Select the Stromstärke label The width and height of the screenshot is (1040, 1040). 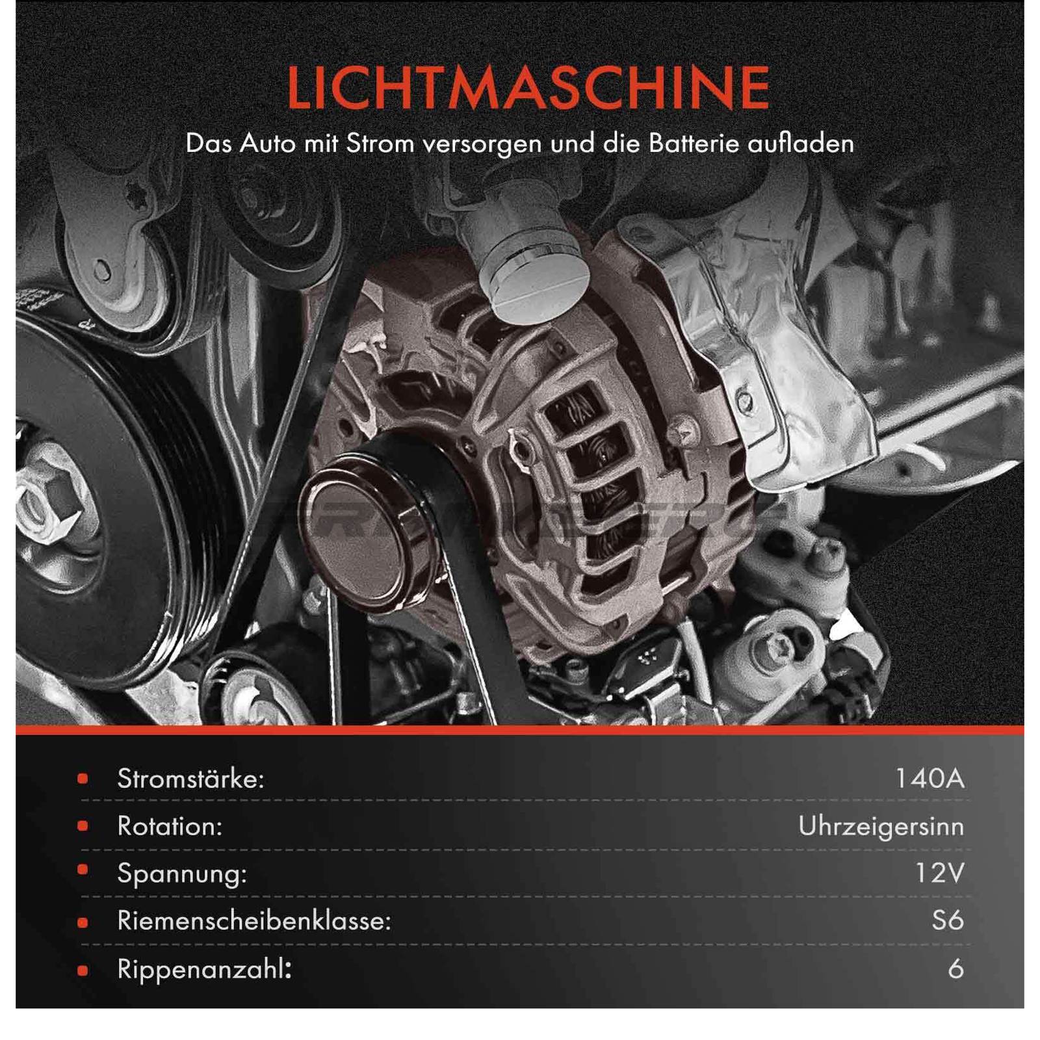click(191, 778)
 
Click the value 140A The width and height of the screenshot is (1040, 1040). click(929, 778)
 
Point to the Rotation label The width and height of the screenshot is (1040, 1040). click(170, 826)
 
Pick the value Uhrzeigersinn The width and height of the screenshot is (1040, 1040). click(881, 827)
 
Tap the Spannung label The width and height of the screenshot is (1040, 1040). click(182, 874)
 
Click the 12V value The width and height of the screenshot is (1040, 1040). click(940, 873)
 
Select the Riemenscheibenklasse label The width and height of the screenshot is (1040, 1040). click(254, 920)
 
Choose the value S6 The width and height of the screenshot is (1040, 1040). click(948, 920)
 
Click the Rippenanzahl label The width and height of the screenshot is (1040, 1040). click(204, 969)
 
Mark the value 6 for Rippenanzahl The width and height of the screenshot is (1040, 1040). click(955, 968)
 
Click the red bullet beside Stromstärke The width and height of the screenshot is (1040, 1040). click(83, 778)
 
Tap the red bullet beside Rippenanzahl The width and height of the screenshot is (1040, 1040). click(83, 970)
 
